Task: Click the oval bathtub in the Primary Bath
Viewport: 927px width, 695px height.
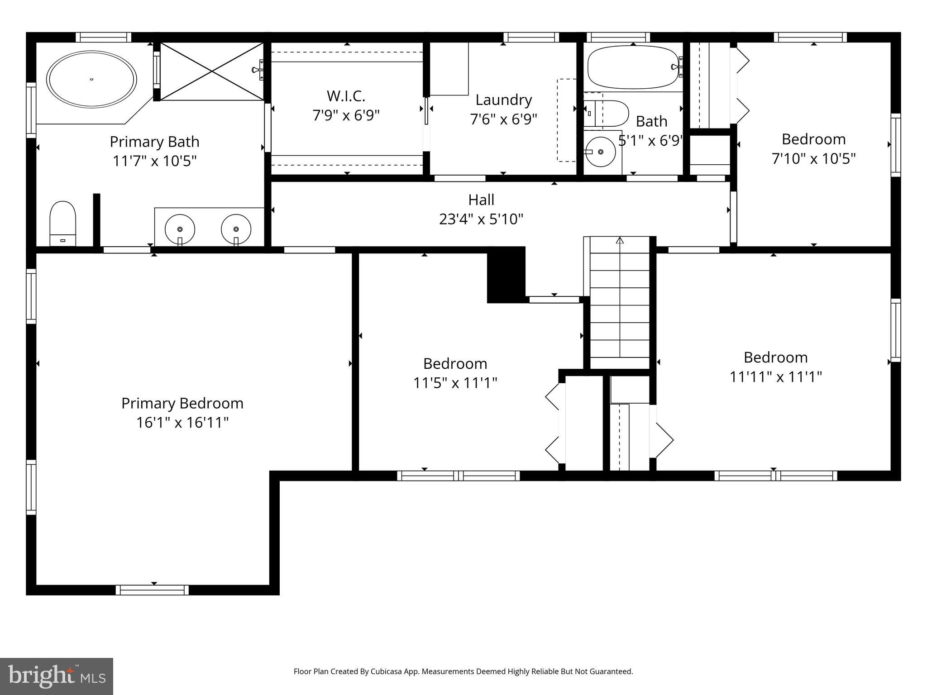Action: (91, 79)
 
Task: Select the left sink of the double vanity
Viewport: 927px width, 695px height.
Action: (180, 229)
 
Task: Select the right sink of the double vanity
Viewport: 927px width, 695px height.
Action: (236, 229)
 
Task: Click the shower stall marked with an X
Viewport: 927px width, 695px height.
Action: (212, 71)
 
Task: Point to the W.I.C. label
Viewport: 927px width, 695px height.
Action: (346, 96)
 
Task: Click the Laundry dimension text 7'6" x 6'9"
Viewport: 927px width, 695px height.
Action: (503, 119)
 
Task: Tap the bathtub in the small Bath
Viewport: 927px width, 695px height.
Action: (633, 67)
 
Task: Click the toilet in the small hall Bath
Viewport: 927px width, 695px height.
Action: (607, 113)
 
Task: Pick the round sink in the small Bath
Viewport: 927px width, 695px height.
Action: (600, 152)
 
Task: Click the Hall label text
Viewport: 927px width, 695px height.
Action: (481, 200)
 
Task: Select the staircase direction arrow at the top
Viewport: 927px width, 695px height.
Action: (620, 241)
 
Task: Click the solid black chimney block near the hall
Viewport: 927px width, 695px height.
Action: (506, 275)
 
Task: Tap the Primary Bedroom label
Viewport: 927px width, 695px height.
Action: (182, 403)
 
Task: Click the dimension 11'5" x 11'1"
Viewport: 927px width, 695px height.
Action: (455, 383)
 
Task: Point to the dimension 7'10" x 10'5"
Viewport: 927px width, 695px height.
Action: (813, 159)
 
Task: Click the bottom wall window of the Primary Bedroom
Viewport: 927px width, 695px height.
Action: (152, 590)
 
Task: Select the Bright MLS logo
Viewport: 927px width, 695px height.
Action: (56, 676)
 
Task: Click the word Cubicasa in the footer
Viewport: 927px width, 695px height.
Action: (387, 671)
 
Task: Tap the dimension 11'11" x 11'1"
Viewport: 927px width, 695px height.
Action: (775, 377)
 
